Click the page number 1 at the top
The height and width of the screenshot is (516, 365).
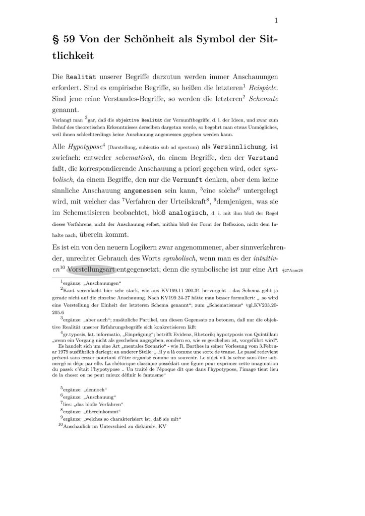click(x=277, y=21)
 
